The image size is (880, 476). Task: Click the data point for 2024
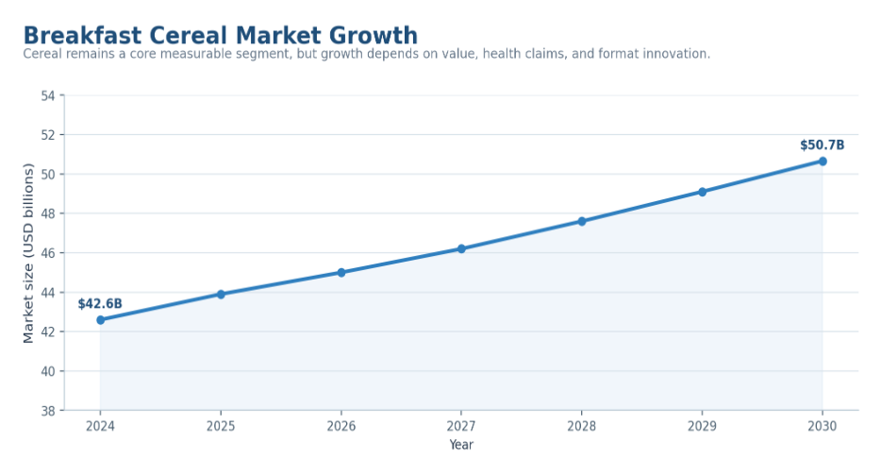point(101,320)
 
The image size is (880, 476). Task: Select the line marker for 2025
point(221,294)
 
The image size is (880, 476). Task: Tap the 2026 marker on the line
point(341,273)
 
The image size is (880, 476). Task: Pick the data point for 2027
point(461,248)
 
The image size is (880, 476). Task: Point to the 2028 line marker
point(581,221)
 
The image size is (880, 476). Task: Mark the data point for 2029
point(702,192)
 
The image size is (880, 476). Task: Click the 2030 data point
point(822,161)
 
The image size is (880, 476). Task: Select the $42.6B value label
point(100,304)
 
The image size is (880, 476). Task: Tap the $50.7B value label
point(822,145)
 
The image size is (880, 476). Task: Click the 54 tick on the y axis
point(48,95)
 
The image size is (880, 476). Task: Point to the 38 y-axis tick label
point(48,411)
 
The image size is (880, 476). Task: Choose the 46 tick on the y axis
point(48,253)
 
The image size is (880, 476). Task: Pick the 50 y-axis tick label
point(48,174)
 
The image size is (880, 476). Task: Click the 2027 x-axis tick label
point(461,427)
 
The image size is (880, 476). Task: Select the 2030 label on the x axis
point(822,427)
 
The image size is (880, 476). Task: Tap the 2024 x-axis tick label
point(101,427)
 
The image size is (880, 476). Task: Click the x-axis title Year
point(461,445)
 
